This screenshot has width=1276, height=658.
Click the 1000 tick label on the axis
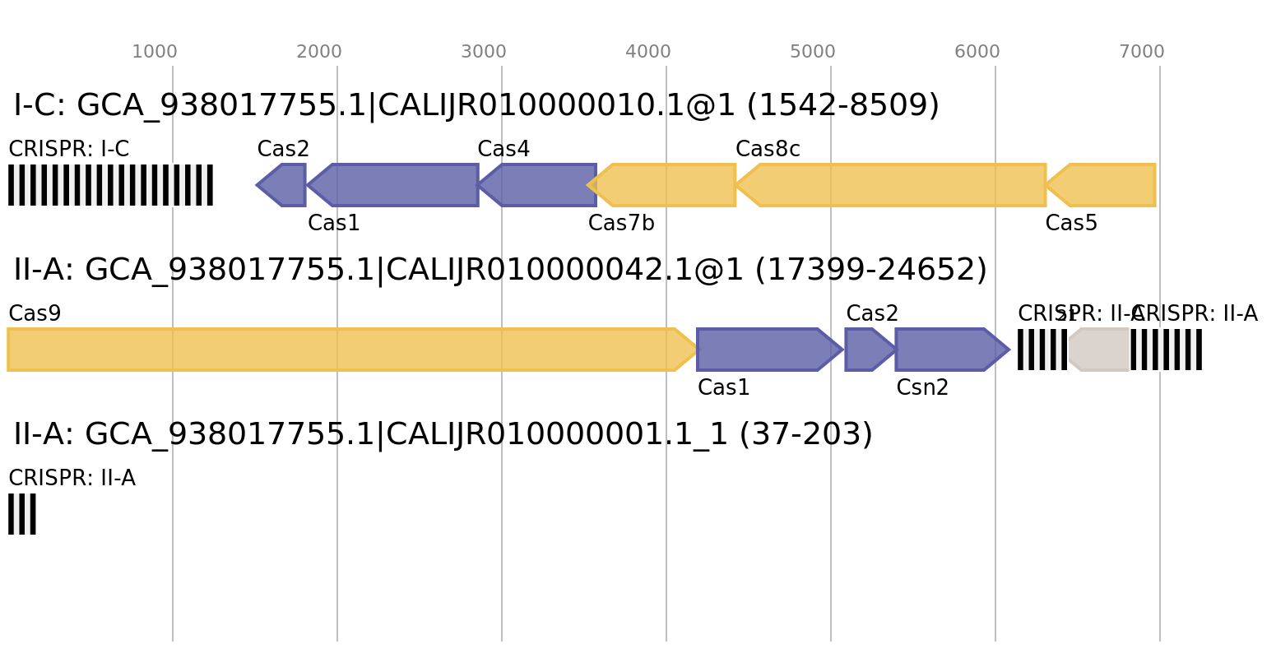click(x=155, y=52)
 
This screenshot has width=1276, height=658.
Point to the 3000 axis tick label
click(x=484, y=52)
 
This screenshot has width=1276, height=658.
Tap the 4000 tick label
click(x=648, y=52)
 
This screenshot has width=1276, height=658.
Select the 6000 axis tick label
click(x=977, y=52)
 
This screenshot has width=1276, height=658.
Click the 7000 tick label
click(x=1142, y=52)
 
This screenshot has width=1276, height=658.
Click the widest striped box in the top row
click(x=110, y=185)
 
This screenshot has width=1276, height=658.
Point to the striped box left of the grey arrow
click(x=1042, y=350)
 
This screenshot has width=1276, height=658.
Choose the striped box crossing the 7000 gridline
click(x=1167, y=350)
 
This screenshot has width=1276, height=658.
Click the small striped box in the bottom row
click(x=22, y=514)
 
